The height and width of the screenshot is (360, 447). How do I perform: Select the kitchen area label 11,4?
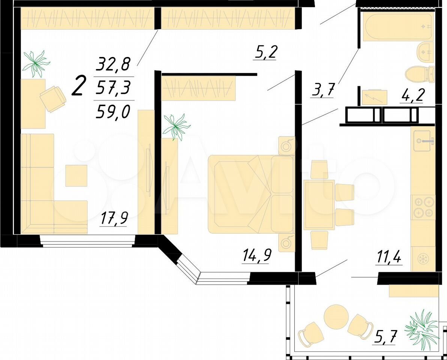(x=388, y=258)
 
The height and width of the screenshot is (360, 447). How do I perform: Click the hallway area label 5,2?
(x=265, y=52)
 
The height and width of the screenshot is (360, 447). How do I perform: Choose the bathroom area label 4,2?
(x=411, y=96)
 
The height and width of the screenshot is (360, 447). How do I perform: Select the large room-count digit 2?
(x=79, y=85)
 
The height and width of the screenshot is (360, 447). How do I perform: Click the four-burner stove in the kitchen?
(x=423, y=207)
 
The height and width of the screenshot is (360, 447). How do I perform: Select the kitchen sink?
(x=424, y=141)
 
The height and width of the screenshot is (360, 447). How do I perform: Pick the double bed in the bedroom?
(x=251, y=194)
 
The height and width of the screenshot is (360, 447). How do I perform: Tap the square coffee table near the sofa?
(x=76, y=175)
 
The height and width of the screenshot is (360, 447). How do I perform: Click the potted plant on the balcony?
(x=422, y=326)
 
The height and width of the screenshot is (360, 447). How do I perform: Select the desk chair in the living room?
(x=53, y=99)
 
